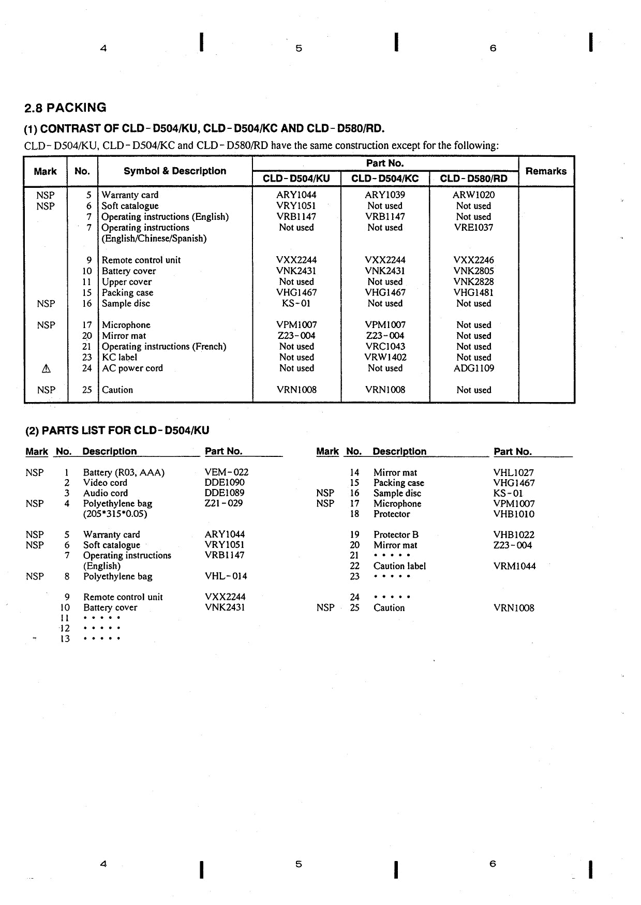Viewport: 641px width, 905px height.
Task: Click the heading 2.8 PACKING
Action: [65, 108]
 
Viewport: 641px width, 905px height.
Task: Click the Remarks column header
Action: [546, 171]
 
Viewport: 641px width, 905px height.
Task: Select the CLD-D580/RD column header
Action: [473, 179]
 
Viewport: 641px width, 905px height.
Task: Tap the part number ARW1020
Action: [473, 195]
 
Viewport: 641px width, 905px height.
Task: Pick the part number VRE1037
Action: [473, 228]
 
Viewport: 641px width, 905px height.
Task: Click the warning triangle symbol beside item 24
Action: [46, 368]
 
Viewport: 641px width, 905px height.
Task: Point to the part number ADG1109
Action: [473, 368]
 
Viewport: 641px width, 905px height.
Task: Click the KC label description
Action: [120, 358]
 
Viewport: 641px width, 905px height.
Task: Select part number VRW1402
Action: [385, 358]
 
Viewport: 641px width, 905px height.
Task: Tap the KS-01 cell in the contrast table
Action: [296, 303]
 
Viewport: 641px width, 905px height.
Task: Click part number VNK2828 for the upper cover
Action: [473, 282]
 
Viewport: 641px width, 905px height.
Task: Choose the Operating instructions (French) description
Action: [163, 347]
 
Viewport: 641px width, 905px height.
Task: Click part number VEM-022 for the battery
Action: [226, 472]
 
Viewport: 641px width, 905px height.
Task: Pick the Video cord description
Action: [105, 483]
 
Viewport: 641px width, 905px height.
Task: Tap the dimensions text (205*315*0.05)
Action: [115, 514]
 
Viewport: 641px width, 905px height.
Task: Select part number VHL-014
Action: [226, 576]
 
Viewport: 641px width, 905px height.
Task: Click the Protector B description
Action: [396, 535]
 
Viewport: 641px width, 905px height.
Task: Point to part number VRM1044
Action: [514, 566]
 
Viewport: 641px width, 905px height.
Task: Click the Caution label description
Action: [399, 566]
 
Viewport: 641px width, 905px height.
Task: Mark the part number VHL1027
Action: [513, 472]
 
